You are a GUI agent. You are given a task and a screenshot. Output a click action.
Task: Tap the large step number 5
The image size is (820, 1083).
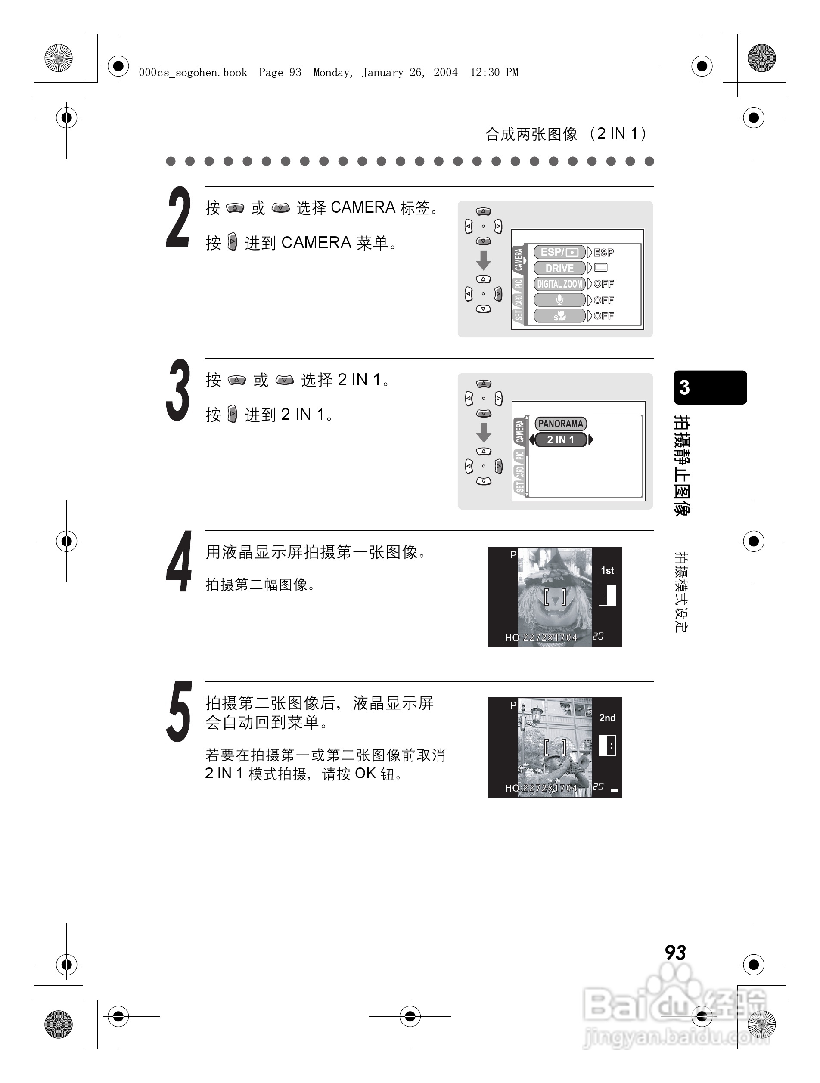pos(178,712)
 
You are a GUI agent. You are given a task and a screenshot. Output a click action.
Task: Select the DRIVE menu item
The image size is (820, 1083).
pos(559,268)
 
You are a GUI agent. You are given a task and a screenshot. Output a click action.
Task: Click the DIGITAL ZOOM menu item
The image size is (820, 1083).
pos(559,284)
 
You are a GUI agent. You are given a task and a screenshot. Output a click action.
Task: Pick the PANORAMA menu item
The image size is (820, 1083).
pos(560,424)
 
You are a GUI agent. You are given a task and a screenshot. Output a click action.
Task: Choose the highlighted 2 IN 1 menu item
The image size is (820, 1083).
pos(560,439)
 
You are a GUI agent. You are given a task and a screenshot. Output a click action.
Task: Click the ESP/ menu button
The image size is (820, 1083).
pos(559,252)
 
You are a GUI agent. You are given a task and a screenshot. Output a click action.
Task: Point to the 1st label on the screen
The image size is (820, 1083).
pos(607,570)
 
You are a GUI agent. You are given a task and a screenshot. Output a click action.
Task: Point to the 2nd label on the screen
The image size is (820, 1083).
pos(607,718)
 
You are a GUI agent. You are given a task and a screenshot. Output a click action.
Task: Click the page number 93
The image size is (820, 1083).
pos(675,953)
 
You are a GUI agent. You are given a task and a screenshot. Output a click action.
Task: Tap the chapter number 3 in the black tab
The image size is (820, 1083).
pos(684,388)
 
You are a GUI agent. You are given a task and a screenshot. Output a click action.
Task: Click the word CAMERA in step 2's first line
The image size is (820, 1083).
pos(363,207)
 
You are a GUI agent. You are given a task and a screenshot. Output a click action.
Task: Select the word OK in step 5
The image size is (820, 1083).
pos(365,774)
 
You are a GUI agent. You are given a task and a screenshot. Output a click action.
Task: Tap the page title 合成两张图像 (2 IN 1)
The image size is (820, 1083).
pos(566,134)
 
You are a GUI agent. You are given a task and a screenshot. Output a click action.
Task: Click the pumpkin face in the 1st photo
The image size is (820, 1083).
pos(555,602)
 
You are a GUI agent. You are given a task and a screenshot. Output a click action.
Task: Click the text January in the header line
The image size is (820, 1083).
pos(382,72)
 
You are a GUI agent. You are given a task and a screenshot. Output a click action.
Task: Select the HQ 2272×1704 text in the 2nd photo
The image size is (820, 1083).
pos(541,788)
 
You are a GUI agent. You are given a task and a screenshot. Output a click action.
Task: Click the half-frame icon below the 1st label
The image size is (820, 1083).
pos(607,595)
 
